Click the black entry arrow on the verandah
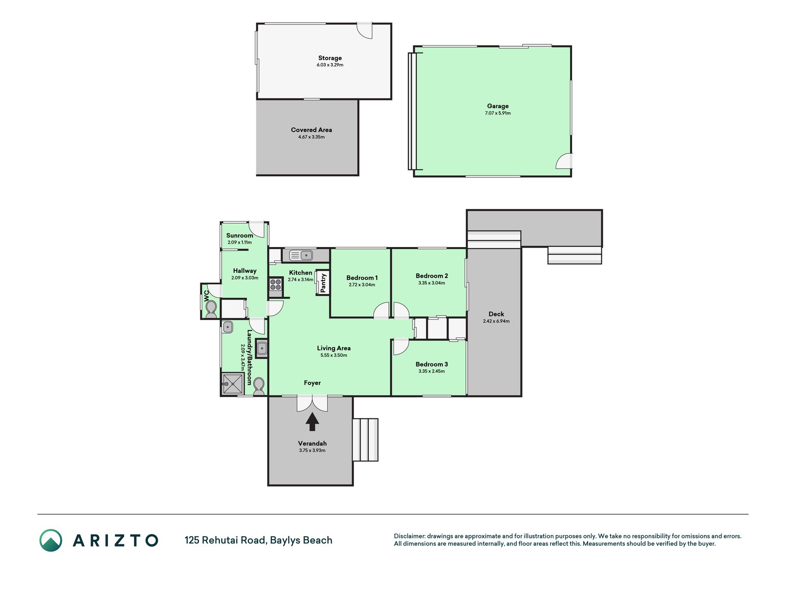(312, 422)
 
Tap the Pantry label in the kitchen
(323, 283)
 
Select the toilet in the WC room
(211, 308)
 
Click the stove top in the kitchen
(276, 284)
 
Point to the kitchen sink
(301, 254)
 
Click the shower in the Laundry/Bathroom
(232, 383)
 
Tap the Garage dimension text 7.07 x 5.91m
(498, 113)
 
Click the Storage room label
(330, 58)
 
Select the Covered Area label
(311, 130)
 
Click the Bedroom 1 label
(362, 277)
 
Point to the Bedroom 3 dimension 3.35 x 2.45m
(432, 371)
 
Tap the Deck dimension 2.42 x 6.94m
(496, 321)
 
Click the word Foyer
(312, 383)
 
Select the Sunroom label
(240, 235)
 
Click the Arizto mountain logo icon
(51, 540)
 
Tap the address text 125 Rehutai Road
(225, 540)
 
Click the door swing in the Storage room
(365, 30)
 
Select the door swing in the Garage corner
(564, 161)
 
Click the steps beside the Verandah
(366, 440)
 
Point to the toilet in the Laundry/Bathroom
(259, 386)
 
